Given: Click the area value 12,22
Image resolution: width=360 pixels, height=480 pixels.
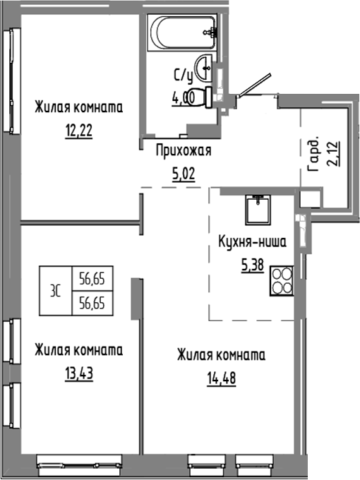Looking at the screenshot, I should (79, 131).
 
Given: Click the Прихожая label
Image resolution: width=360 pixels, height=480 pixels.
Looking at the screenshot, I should (183, 150).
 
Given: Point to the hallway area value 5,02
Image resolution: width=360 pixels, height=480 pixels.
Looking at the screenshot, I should (184, 172).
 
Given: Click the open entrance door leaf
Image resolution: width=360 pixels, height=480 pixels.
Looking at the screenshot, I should (254, 84).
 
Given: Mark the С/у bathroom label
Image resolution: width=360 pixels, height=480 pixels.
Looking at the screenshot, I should (183, 74).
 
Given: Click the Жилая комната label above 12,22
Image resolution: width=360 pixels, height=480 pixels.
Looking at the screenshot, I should (79, 108).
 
